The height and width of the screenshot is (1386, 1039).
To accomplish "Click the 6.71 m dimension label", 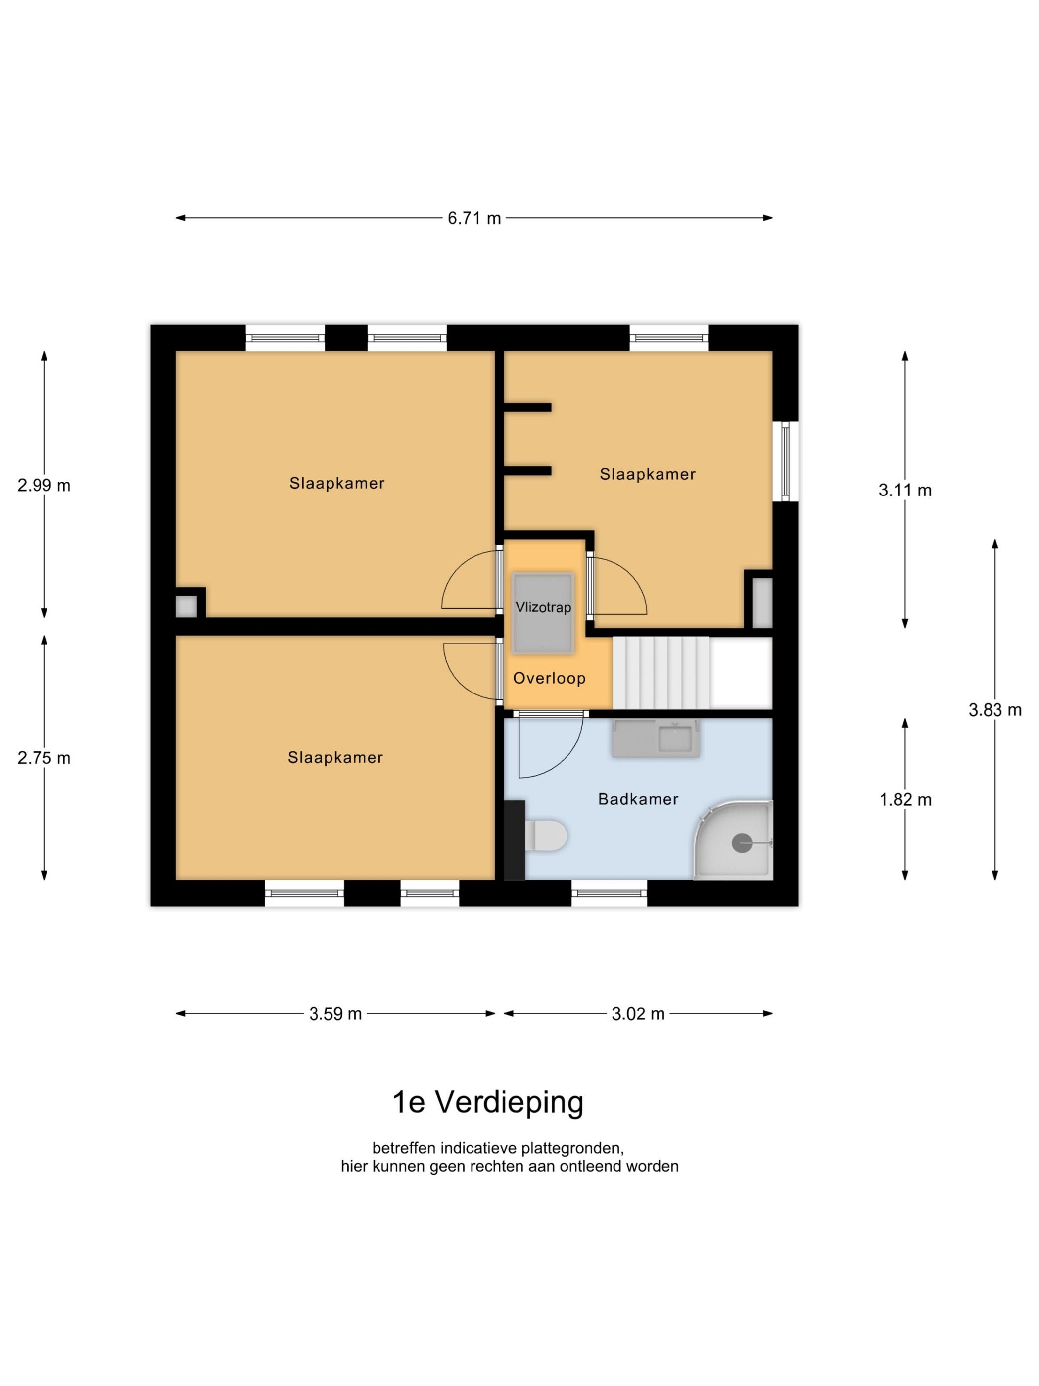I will (474, 218).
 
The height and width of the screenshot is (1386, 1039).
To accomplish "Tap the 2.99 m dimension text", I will (44, 485).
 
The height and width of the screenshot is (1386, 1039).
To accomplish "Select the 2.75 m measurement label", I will (44, 758).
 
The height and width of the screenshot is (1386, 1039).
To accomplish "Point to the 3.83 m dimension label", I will (994, 710).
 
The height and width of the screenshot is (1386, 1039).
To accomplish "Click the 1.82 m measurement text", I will (905, 799).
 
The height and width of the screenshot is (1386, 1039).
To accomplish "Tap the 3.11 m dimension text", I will (904, 490).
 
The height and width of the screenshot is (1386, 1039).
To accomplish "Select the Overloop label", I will (549, 678).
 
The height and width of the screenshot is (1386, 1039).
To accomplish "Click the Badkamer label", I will (638, 799).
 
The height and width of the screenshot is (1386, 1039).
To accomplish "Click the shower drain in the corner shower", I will (742, 843).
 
